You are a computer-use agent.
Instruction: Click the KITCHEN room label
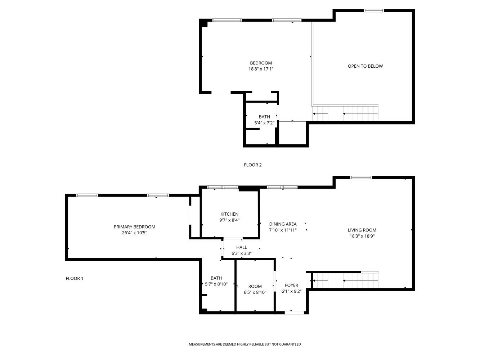click(229, 214)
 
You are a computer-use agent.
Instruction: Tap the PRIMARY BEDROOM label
click(134, 227)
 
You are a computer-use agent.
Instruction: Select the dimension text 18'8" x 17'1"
click(261, 69)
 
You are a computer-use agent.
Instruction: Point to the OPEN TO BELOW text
click(365, 66)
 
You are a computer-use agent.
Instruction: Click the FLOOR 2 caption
click(252, 165)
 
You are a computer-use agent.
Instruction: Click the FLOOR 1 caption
click(75, 278)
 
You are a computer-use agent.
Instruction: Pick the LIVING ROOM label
click(362, 230)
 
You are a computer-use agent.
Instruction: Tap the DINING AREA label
click(283, 224)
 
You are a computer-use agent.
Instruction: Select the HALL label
click(241, 247)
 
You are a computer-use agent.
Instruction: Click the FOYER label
click(291, 285)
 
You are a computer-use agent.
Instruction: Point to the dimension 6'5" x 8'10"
click(255, 292)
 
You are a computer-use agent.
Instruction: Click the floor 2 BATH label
click(264, 117)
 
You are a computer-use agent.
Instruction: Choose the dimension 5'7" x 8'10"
click(216, 284)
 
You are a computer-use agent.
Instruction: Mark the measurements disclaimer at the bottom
click(245, 345)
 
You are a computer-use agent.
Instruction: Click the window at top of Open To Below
click(374, 11)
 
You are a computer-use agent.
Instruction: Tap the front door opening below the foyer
click(294, 312)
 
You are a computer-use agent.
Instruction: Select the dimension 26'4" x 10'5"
click(134, 233)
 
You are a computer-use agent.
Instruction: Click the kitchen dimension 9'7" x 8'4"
click(229, 220)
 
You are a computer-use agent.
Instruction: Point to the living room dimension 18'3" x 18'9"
click(362, 236)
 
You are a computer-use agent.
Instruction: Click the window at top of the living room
click(361, 177)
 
